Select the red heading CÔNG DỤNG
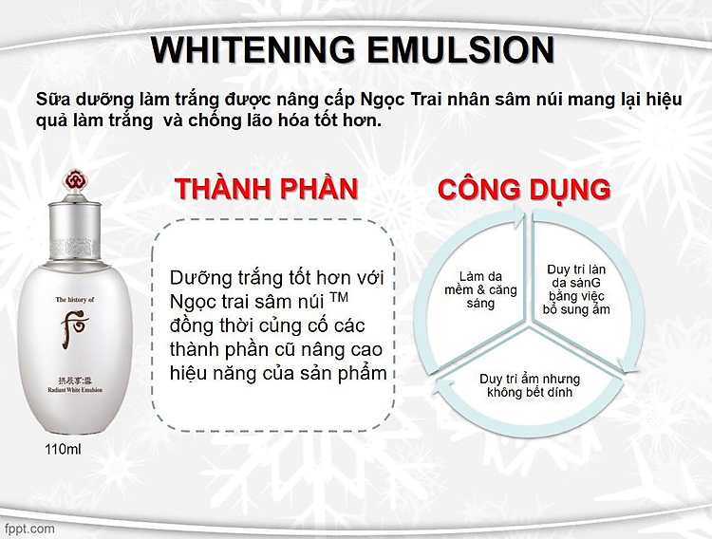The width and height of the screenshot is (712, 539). (524, 189)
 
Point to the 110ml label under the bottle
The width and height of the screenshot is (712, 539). (63, 450)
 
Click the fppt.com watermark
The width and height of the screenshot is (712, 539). (29, 529)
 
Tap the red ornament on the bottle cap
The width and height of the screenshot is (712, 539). (75, 179)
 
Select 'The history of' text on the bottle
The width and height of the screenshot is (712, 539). (75, 300)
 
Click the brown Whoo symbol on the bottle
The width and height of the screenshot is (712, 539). (74, 327)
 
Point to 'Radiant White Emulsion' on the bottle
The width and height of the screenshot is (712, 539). (75, 390)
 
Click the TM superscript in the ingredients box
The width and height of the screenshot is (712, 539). (339, 297)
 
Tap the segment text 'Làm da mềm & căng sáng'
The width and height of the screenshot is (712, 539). (481, 289)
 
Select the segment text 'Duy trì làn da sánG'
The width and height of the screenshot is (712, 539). (576, 276)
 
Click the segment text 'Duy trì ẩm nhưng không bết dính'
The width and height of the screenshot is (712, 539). (530, 385)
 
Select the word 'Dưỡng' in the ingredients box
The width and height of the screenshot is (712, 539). (200, 278)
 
